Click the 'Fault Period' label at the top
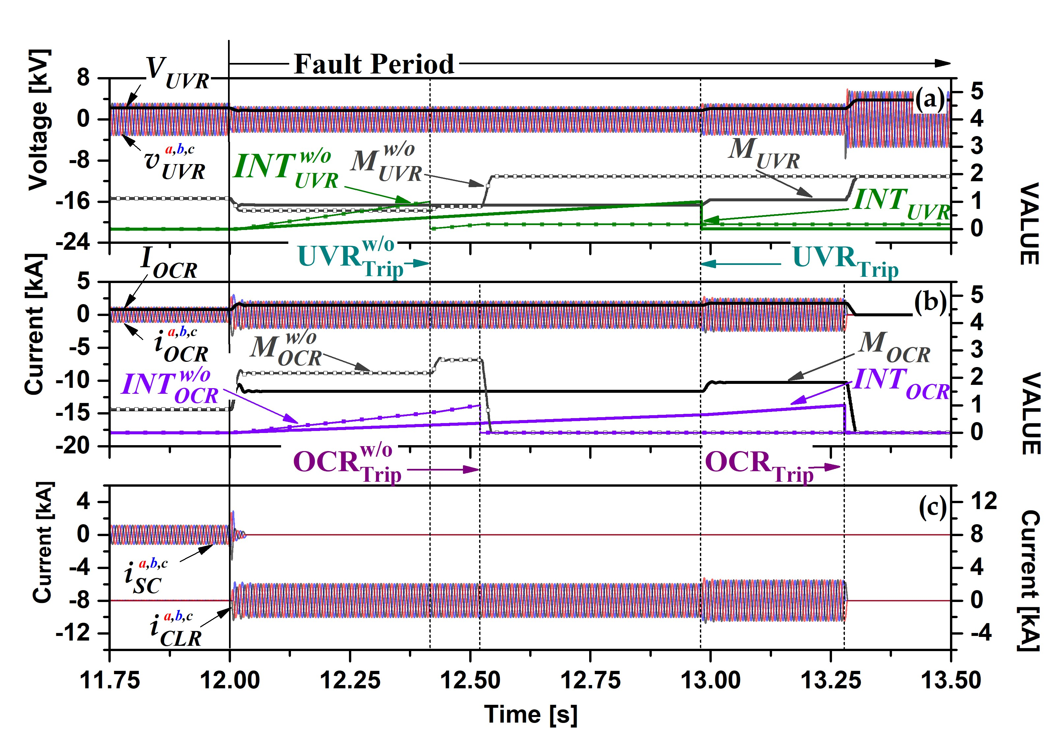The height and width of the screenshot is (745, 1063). [x=374, y=64]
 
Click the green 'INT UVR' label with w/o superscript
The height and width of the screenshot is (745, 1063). [x=286, y=169]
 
